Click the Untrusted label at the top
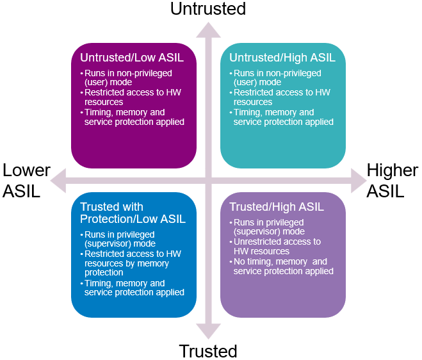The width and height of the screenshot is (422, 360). click(x=208, y=8)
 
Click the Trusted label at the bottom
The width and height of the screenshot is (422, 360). click(x=208, y=351)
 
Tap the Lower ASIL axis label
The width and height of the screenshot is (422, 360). click(x=26, y=181)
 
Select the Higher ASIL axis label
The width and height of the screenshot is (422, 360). click(x=393, y=181)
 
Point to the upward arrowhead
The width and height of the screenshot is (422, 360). click(x=208, y=30)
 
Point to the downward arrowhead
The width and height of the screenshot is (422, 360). click(x=208, y=331)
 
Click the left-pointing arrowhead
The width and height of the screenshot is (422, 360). click(x=58, y=181)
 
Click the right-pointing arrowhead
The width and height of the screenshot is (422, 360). click(x=359, y=181)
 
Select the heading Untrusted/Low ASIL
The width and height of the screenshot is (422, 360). click(x=132, y=58)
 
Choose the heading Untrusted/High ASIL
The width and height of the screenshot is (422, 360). click(x=282, y=58)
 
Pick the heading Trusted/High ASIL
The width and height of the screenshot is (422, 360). click(x=277, y=207)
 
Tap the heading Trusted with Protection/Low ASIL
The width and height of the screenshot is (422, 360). click(x=133, y=213)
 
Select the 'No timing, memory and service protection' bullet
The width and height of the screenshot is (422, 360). click(x=281, y=266)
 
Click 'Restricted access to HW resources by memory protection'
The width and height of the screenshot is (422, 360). click(x=131, y=263)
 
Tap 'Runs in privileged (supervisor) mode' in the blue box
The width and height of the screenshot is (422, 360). click(x=118, y=239)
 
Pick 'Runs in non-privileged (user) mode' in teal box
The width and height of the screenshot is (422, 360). click(x=275, y=78)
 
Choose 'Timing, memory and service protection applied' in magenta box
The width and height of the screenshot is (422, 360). click(x=132, y=117)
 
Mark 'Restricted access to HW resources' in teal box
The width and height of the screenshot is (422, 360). click(x=280, y=97)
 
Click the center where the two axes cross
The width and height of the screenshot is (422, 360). click(x=208, y=181)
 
